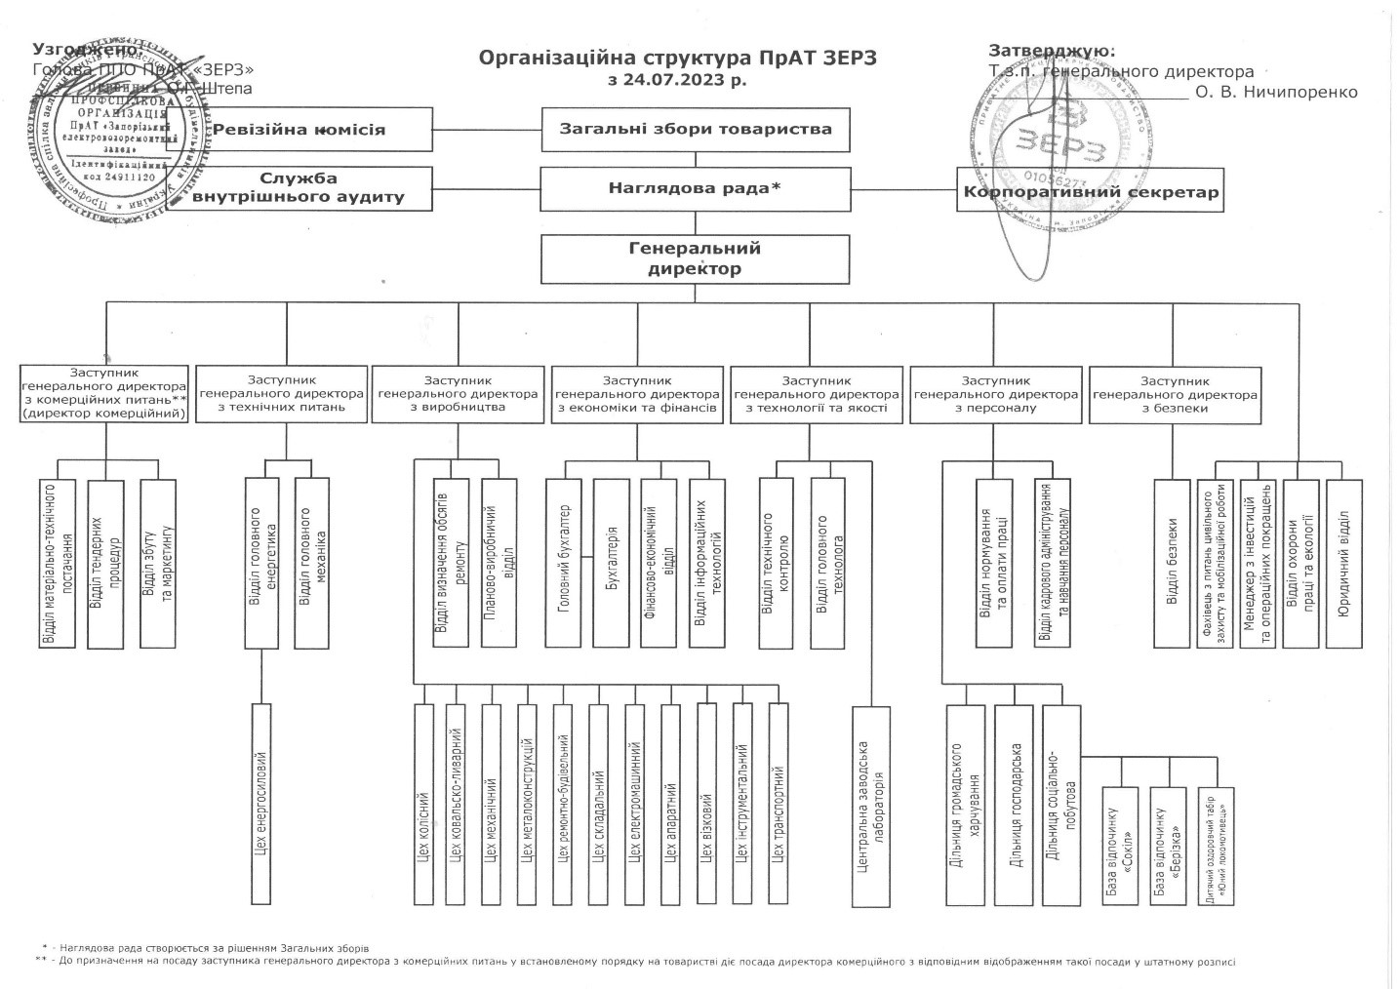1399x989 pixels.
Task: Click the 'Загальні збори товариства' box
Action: (695, 129)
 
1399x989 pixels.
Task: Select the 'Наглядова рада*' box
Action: (695, 188)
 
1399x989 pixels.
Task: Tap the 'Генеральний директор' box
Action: (695, 258)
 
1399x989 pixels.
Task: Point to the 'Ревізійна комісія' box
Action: (300, 130)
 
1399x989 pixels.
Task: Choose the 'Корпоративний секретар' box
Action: (1091, 192)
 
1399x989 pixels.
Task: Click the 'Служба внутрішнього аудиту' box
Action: (299, 187)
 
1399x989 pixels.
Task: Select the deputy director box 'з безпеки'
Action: (1175, 394)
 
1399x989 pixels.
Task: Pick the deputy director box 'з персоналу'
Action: (996, 394)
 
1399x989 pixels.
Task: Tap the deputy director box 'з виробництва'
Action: (458, 394)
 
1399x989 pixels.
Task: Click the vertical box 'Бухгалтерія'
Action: (612, 563)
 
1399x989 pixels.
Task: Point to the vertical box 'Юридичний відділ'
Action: (1342, 563)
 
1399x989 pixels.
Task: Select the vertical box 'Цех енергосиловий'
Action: (260, 803)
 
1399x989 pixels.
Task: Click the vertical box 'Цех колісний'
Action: (423, 803)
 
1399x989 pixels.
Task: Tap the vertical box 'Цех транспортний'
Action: (779, 803)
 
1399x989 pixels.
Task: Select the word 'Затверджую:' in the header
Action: (1052, 51)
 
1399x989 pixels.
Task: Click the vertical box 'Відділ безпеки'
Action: (1173, 563)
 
